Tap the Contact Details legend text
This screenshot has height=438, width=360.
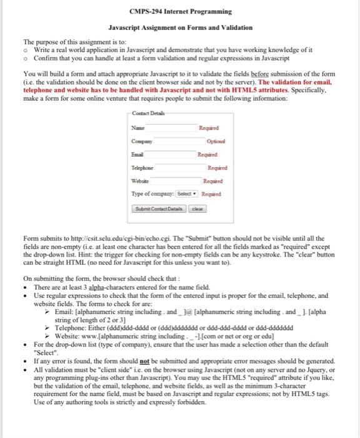pyautogui.click(x=147, y=112)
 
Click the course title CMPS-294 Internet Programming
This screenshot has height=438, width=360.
pyautogui.click(x=179, y=11)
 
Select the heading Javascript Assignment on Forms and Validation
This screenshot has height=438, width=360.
pyautogui.click(x=180, y=28)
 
